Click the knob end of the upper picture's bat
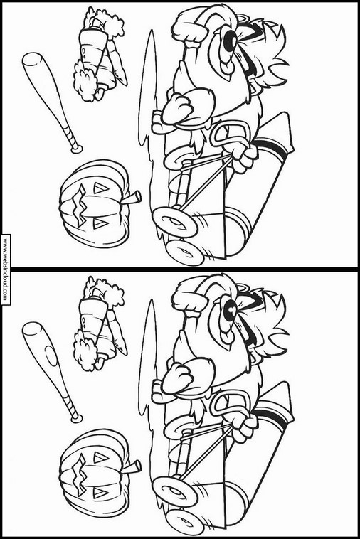(76, 149)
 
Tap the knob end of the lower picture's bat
(76, 418)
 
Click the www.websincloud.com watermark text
(5, 269)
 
